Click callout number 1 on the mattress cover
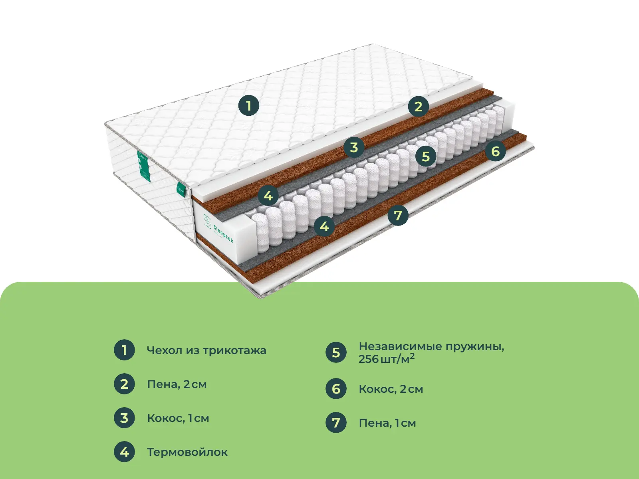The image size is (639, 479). coord(249,105)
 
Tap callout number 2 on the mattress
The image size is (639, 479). coord(418,107)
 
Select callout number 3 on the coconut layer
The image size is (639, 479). coord(354,147)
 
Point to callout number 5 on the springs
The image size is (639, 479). coord(426,156)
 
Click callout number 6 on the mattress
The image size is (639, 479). coord(496,150)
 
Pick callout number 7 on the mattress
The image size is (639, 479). coord(398,215)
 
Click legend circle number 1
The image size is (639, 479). coord(124,350)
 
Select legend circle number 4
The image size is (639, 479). coord(124,452)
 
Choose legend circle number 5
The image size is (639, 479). coord(336,352)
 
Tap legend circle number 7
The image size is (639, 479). coord(336,423)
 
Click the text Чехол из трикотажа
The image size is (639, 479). coord(207,350)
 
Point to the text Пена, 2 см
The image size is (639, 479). coord(177,384)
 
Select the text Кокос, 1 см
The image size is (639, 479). coord(178,418)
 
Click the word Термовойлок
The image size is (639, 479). coord(187,452)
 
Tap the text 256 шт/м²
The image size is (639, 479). coord(387,359)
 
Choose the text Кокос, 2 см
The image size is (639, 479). coord(391,389)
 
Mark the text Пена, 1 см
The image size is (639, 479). coord(387,423)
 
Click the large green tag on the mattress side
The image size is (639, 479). coord(144,166)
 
